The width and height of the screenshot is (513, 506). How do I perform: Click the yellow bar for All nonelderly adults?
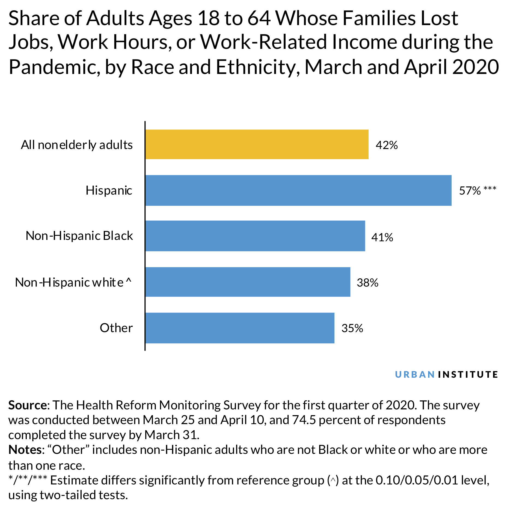[257, 144]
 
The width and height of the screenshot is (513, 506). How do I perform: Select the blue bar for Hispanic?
[298, 190]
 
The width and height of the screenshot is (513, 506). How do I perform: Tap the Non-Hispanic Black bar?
[255, 236]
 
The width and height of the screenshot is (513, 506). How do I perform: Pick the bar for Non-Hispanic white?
[248, 282]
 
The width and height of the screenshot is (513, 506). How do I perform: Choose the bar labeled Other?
[240, 328]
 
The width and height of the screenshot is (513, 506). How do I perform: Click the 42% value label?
[387, 145]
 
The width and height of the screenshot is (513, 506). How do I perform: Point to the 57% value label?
[470, 191]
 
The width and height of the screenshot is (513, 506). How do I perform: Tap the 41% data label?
[382, 237]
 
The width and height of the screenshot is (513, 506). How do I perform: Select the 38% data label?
[367, 283]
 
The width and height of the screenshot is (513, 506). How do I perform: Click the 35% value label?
[352, 328]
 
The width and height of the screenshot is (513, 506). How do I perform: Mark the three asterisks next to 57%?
[490, 189]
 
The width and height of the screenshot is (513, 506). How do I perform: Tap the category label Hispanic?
[109, 191]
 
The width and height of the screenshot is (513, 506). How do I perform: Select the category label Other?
[116, 328]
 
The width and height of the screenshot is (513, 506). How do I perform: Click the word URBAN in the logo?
[415, 374]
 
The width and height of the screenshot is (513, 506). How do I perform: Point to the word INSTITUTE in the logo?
[468, 374]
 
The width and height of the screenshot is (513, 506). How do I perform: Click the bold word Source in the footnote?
[28, 405]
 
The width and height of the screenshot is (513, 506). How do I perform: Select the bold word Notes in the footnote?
[25, 450]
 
